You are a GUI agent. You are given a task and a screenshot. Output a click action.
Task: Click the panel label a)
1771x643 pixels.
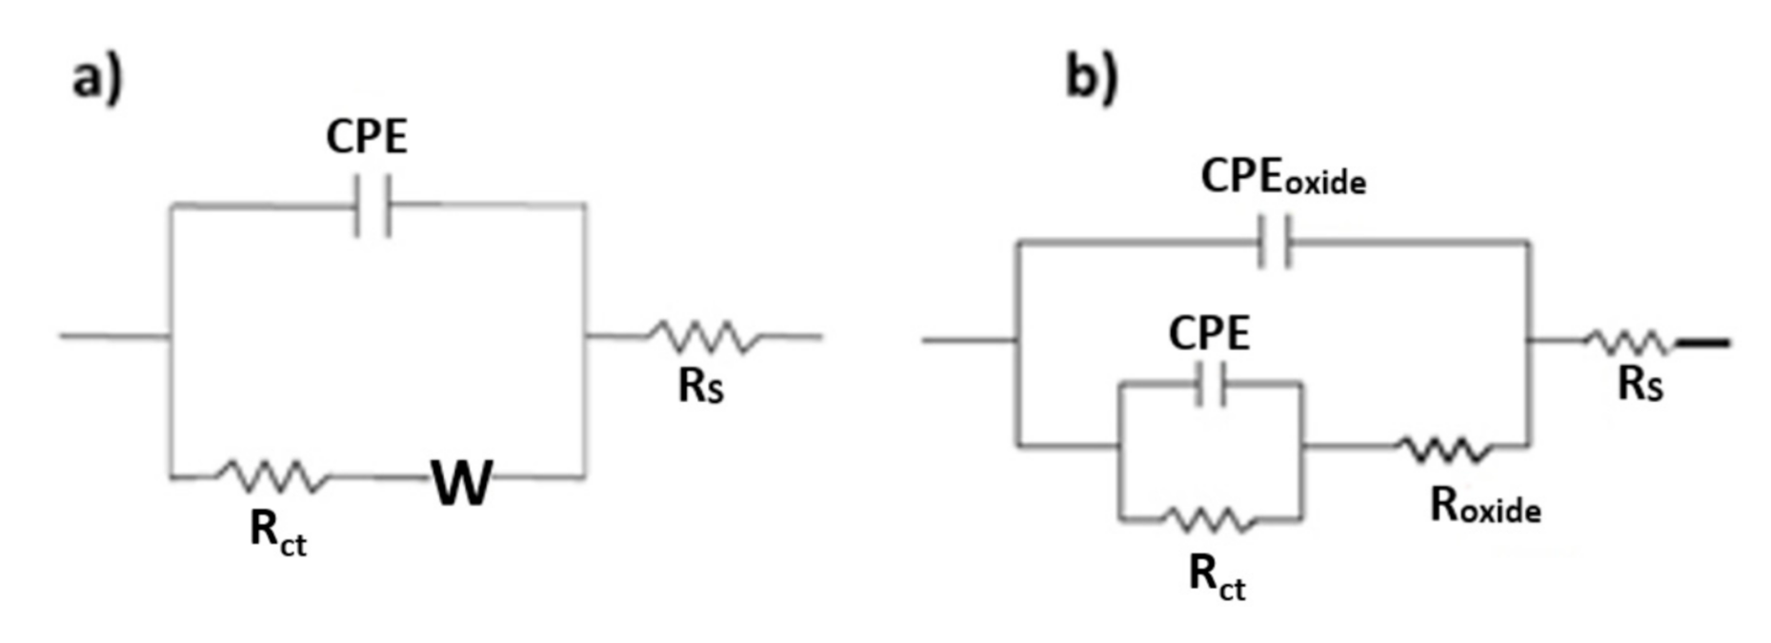coord(97,77)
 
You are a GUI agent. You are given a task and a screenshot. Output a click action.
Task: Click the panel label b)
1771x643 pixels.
coord(1091,75)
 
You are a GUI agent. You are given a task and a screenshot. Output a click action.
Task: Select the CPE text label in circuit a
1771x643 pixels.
coord(367,136)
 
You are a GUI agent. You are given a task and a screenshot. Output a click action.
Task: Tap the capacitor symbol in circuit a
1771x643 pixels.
coord(372,205)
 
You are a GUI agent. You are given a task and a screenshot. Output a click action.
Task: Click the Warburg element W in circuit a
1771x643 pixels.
coord(462,482)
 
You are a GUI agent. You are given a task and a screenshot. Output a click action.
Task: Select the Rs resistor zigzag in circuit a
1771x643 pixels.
coord(703,336)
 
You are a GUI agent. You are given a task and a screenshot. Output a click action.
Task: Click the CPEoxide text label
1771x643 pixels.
coord(1282,177)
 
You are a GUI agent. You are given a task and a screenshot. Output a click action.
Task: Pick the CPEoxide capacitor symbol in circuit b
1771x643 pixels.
coord(1275,242)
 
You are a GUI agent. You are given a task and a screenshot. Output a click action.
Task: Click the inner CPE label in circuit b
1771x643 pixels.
coord(1209,333)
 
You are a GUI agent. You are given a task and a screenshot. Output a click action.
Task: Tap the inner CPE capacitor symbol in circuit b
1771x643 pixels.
coord(1210,384)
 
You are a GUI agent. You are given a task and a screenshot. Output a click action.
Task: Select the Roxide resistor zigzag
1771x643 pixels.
coord(1443,448)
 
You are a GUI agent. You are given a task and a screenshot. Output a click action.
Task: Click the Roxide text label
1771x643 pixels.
coord(1485,506)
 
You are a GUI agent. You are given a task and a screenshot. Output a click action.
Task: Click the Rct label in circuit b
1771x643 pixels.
coord(1217,576)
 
